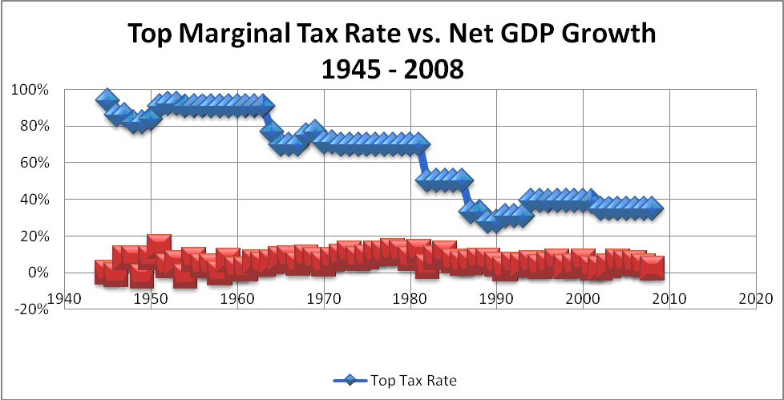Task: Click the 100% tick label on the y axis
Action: (30, 89)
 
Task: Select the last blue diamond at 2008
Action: (653, 208)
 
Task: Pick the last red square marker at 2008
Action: (651, 267)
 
